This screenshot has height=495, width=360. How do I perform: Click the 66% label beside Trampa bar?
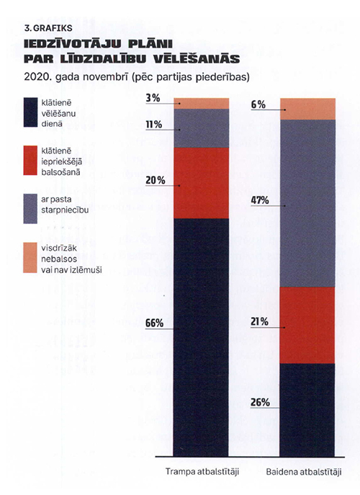tap(154, 324)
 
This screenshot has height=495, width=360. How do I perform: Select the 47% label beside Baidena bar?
tap(260, 200)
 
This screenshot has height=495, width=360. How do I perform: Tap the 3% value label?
tap(153, 98)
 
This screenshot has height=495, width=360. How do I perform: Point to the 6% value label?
tap(258, 104)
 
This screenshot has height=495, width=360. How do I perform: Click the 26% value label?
tap(260, 402)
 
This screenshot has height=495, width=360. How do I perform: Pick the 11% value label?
tap(153, 125)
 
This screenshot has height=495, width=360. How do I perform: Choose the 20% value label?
tap(156, 180)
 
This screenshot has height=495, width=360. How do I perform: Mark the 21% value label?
tap(259, 321)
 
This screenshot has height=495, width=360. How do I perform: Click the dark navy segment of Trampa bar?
tap(201, 337)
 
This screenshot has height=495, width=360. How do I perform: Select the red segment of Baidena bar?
tap(307, 325)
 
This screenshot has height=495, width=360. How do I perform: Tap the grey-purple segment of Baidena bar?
tap(307, 203)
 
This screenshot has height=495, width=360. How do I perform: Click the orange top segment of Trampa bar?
tap(202, 104)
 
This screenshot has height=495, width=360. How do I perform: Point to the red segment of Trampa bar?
tap(202, 183)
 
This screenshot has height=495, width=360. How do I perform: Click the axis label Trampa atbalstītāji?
tap(202, 472)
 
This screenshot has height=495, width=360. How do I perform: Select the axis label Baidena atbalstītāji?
tap(304, 472)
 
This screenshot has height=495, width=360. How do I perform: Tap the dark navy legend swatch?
tap(30, 112)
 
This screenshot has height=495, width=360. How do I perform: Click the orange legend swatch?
tap(30, 258)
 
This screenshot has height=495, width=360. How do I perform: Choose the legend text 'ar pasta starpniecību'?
tap(65, 205)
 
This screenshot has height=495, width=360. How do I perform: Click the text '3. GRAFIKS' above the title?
tap(48, 28)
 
